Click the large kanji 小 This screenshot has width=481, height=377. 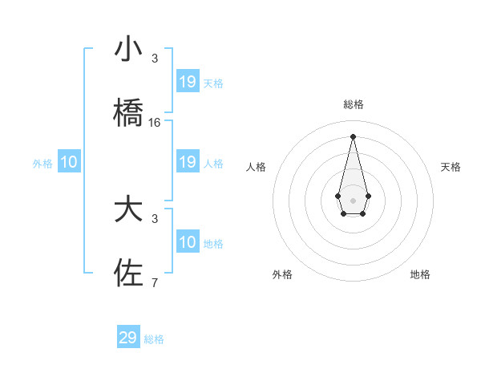128,50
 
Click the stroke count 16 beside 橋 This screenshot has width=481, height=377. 155,123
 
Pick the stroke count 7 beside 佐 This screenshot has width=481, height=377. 155,282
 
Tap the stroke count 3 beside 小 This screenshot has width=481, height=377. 155,59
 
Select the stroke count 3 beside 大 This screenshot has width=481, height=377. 155,218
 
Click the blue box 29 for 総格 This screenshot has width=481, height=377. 128,338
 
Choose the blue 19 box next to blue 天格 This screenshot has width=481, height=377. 188,82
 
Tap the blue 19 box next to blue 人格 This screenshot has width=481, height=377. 188,162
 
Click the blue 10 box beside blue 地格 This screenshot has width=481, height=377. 188,242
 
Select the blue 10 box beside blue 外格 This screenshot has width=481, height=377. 69,162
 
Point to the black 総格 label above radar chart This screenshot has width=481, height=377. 353,104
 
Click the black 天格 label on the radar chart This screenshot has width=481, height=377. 451,167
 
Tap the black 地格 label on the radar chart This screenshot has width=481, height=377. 420,274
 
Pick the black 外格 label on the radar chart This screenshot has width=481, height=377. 282,274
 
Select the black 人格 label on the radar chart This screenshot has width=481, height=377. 257,167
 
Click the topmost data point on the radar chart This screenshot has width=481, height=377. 353,136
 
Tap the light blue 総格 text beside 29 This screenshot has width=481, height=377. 154,339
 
